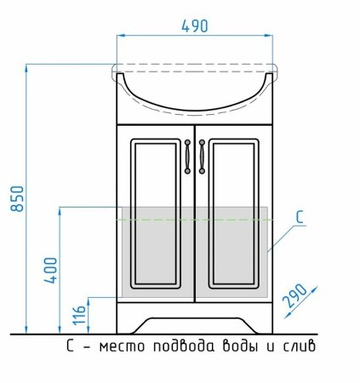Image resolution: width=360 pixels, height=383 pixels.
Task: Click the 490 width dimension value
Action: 195,26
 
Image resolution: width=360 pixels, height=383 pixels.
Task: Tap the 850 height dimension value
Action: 18,198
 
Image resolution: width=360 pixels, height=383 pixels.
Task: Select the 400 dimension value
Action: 50,271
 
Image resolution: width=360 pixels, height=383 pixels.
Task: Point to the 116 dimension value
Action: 79,315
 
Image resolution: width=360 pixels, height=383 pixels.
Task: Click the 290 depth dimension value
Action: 296,296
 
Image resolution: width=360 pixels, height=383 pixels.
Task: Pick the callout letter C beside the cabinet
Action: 300,217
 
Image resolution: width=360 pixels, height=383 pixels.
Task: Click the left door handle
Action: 187,157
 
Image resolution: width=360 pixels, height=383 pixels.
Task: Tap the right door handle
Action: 202,157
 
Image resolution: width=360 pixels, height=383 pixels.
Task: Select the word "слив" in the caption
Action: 299,346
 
